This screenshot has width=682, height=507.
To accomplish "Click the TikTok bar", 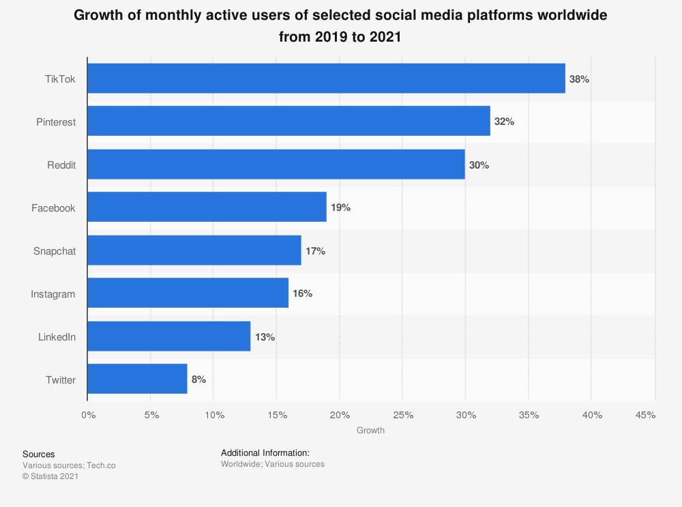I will [326, 78].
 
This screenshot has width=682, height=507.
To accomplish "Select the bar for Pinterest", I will [288, 121].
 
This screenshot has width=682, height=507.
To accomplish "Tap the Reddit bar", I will [276, 164].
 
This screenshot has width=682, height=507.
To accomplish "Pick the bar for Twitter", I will [137, 379].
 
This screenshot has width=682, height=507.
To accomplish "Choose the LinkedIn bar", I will [168, 336].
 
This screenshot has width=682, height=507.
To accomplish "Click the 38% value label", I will [579, 79].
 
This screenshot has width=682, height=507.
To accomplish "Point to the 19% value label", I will [340, 207].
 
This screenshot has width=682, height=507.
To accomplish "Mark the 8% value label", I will [198, 379].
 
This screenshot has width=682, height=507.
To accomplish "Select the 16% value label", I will [302, 293].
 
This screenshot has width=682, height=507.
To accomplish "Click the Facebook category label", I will [53, 208].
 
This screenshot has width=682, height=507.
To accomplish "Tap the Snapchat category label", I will [55, 251].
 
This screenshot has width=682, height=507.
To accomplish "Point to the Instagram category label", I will [53, 294].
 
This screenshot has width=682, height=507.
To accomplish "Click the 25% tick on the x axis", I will [402, 415].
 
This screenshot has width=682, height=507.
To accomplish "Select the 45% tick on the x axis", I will [645, 415].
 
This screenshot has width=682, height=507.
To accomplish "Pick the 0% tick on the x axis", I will [87, 415].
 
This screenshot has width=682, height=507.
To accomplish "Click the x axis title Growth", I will [370, 431].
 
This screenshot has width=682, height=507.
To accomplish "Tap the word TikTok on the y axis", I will [60, 79].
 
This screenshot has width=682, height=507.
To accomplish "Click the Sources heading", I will [39, 454].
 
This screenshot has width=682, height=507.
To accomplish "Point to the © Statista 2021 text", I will [50, 477].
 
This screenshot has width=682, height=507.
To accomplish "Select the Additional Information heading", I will [265, 452].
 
